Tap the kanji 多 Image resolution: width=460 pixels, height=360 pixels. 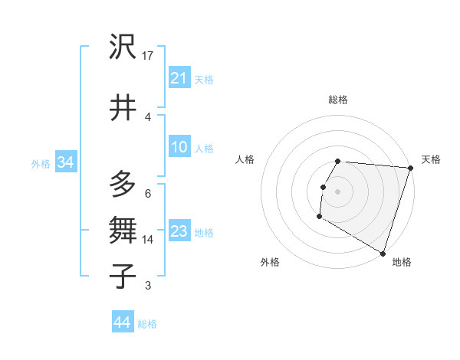(123, 185)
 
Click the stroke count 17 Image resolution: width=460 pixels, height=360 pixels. (148, 56)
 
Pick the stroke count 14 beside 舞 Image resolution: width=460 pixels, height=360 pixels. (148, 240)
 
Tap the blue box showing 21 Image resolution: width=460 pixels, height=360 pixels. (179, 77)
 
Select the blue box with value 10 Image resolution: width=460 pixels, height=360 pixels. (179, 147)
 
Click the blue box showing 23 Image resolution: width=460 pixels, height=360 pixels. (179, 231)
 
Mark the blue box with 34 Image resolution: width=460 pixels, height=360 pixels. (65, 162)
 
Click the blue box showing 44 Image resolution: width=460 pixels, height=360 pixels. (122, 322)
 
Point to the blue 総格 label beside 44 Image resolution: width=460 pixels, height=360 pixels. (147, 324)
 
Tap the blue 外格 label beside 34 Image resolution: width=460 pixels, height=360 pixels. (41, 163)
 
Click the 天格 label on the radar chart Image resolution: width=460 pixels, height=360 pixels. (431, 159)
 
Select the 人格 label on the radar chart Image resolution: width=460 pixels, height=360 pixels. (245, 159)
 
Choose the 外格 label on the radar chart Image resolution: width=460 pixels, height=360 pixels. (270, 262)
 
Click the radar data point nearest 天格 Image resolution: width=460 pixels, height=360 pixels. (410, 169)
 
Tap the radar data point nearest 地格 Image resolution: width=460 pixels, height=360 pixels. (382, 253)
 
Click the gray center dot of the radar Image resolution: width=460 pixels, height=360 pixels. (337, 191)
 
